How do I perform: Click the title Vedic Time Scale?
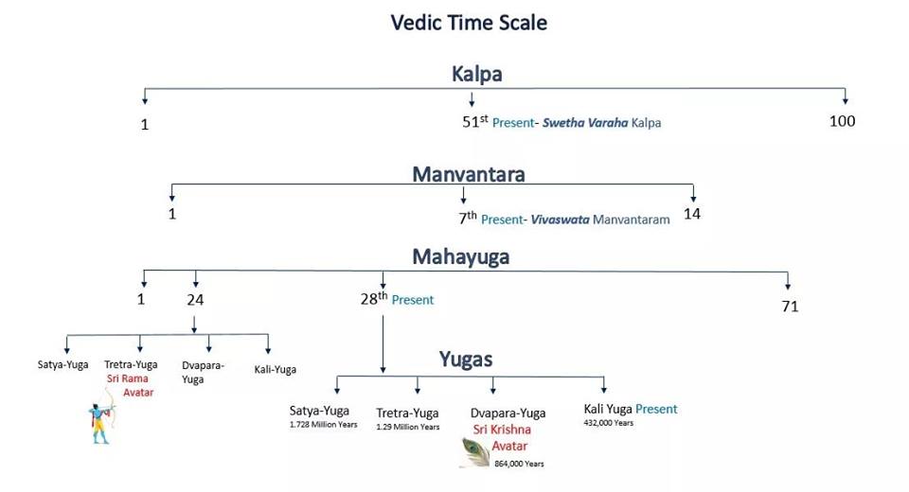click(x=469, y=22)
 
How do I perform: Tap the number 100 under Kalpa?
click(x=842, y=121)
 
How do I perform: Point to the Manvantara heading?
click(x=468, y=174)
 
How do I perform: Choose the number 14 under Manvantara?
click(x=692, y=214)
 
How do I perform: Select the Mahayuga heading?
click(x=460, y=256)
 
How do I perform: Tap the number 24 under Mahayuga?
click(x=195, y=300)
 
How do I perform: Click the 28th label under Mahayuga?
click(x=374, y=299)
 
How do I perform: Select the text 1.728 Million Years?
click(x=319, y=426)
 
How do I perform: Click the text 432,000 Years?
click(x=609, y=423)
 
